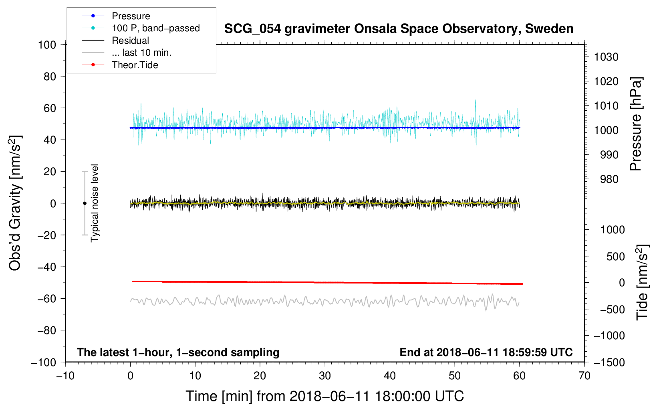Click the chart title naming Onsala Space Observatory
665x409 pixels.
click(x=399, y=29)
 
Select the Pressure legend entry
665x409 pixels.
click(x=131, y=16)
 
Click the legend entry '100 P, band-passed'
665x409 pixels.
click(x=155, y=28)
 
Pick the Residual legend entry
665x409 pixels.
click(x=130, y=40)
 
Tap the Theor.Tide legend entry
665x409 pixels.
click(x=135, y=65)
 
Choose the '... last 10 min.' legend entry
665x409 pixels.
click(x=141, y=53)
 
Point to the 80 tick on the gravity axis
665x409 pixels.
click(x=50, y=76)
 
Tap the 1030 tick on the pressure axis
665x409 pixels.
click(x=606, y=57)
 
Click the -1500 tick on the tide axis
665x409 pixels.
click(x=609, y=362)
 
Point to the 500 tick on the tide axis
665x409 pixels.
click(x=615, y=257)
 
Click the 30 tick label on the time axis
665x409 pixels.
click(x=325, y=376)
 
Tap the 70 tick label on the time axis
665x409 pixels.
click(x=584, y=376)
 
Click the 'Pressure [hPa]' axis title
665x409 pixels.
click(x=636, y=124)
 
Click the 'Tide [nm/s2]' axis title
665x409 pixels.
click(x=642, y=282)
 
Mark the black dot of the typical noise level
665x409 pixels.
click(x=85, y=203)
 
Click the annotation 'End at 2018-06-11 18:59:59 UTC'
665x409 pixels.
click(x=486, y=352)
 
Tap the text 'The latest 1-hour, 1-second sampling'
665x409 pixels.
click(x=178, y=352)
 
